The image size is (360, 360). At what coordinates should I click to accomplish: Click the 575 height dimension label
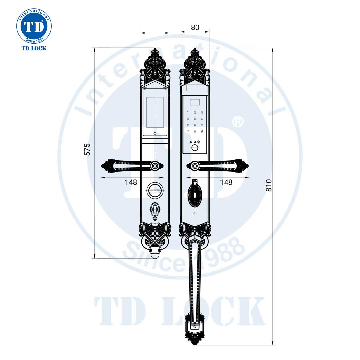[x=87, y=149]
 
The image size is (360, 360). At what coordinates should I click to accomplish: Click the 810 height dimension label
[x=269, y=185]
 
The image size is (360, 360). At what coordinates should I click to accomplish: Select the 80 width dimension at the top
[x=195, y=27]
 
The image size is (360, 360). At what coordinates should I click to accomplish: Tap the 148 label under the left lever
[x=131, y=182]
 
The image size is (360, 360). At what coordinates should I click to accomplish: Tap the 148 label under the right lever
[x=226, y=182]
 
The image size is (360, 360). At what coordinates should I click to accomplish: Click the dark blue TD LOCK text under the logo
[x=34, y=48]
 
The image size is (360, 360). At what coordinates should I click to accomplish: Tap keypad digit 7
[x=188, y=125]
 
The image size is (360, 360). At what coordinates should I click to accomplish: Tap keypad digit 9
[x=202, y=125]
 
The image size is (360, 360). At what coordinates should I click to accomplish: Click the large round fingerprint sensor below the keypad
[x=195, y=148]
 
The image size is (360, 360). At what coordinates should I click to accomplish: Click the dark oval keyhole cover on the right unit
[x=195, y=195]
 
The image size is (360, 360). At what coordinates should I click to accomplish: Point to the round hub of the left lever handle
[x=155, y=166]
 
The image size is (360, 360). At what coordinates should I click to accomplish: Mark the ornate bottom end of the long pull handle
[x=195, y=333]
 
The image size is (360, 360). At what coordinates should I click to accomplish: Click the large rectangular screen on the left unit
[x=155, y=112]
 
